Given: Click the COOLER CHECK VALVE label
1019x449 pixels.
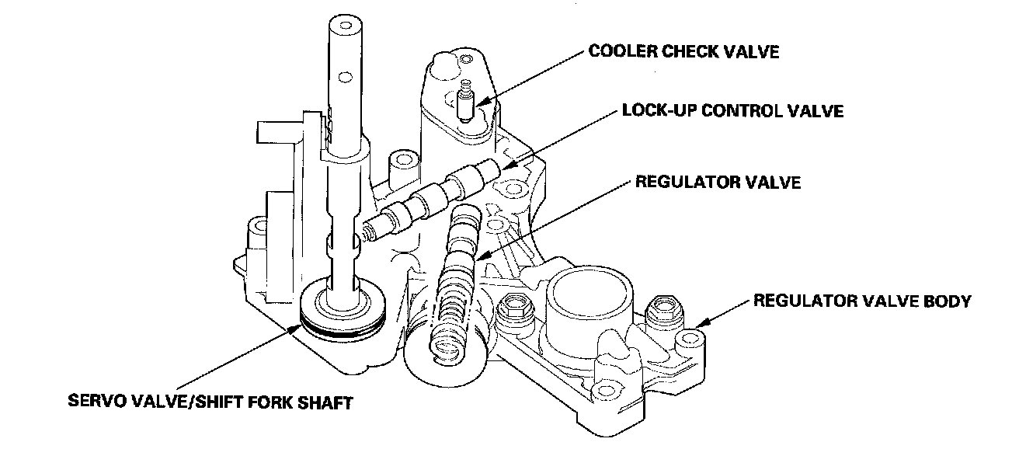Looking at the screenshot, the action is coord(683,51).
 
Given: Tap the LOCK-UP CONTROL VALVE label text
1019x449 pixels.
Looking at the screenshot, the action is coord(733,111).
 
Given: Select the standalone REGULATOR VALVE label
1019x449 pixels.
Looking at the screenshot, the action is coord(718,182).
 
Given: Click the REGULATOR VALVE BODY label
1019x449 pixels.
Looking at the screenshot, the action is coord(863,301).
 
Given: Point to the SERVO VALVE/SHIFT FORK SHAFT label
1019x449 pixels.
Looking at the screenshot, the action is coord(210,402).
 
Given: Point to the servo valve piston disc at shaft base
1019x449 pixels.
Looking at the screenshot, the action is coord(343,308).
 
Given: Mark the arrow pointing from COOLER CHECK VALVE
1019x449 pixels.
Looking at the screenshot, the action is coord(529,78).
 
